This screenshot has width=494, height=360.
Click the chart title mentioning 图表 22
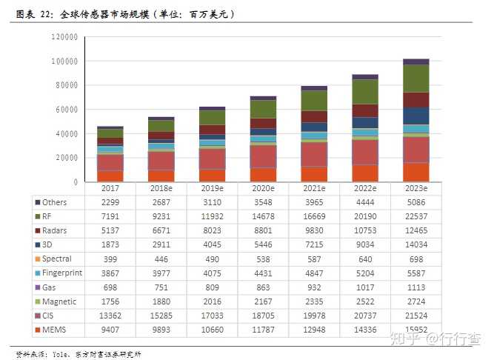pyautogui.click(x=126, y=14)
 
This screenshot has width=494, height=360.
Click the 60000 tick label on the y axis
pyautogui.click(x=67, y=110)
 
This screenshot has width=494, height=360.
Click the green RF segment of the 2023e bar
pyautogui.click(x=415, y=79)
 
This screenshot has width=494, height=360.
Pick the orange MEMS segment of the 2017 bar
pyautogui.click(x=110, y=176)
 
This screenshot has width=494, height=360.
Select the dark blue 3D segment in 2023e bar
pyautogui.click(x=415, y=116)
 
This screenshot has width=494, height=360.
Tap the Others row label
pyautogui.click(x=55, y=202)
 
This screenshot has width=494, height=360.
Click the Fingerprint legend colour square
pyautogui.click(x=38, y=273)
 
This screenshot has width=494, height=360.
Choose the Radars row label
pyautogui.click(x=56, y=230)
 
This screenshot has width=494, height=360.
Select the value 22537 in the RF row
pyautogui.click(x=415, y=216)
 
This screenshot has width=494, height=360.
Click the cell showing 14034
pyautogui.click(x=415, y=244)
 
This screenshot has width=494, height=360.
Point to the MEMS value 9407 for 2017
pyautogui.click(x=110, y=329)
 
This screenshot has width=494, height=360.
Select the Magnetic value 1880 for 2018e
pyautogui.click(x=161, y=301)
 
